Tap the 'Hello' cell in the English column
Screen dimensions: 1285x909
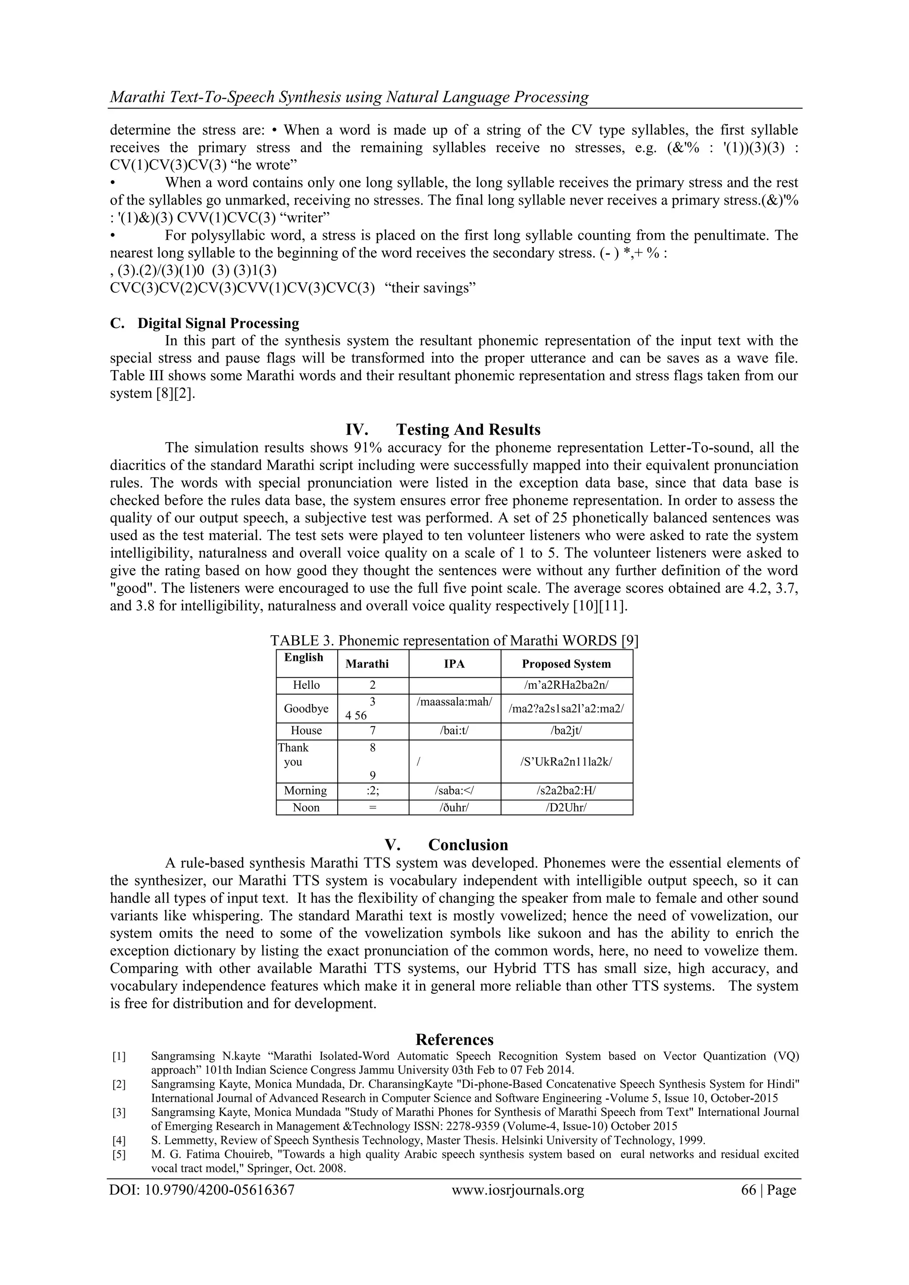pyautogui.click(x=306, y=685)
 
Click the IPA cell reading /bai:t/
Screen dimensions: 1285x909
pyautogui.click(x=454, y=730)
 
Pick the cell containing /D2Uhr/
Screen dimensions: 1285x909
pyautogui.click(x=566, y=807)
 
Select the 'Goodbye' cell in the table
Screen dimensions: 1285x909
pyautogui.click(x=306, y=708)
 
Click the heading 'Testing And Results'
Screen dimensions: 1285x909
pyautogui.click(x=468, y=429)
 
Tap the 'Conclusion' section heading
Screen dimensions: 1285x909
pyautogui.click(x=468, y=845)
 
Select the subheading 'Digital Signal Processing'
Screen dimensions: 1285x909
pyautogui.click(x=218, y=324)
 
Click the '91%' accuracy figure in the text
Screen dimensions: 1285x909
pyautogui.click(x=367, y=448)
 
